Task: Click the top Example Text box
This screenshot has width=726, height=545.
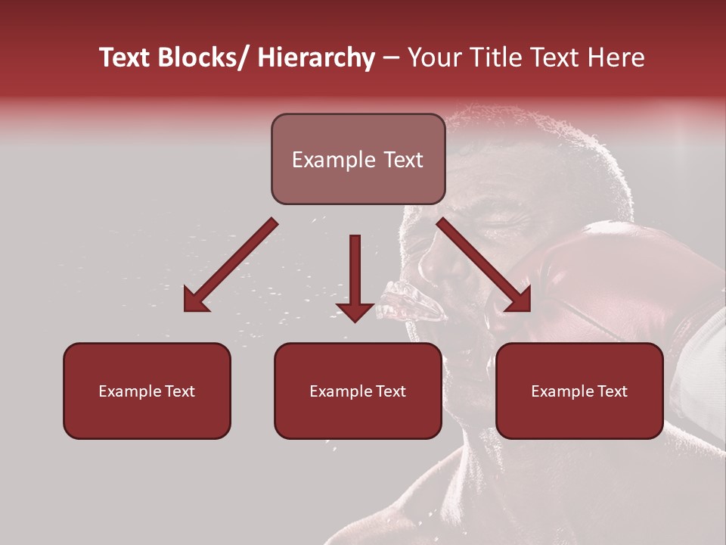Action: click(x=358, y=159)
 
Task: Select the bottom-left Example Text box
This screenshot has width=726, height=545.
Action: click(x=147, y=391)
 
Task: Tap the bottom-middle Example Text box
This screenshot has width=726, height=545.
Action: click(x=358, y=391)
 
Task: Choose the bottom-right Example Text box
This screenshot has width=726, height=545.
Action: click(x=579, y=391)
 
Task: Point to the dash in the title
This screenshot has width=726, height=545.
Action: click(x=391, y=59)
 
